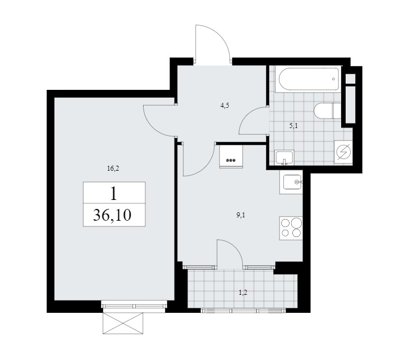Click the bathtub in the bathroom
(x=308, y=79)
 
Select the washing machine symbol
(x=343, y=152)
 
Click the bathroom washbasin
(x=284, y=157)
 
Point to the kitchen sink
(x=291, y=182)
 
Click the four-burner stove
(x=291, y=229)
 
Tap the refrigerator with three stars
(x=231, y=157)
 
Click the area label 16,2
(x=113, y=168)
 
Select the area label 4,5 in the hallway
(x=224, y=106)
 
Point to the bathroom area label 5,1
(x=293, y=126)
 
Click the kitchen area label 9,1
(x=241, y=215)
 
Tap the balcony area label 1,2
(x=243, y=293)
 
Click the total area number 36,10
(x=112, y=215)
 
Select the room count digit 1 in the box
(x=113, y=194)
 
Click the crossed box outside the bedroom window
(x=123, y=323)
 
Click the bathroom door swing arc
(x=247, y=115)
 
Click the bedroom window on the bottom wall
(x=133, y=306)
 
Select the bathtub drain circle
(x=334, y=79)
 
